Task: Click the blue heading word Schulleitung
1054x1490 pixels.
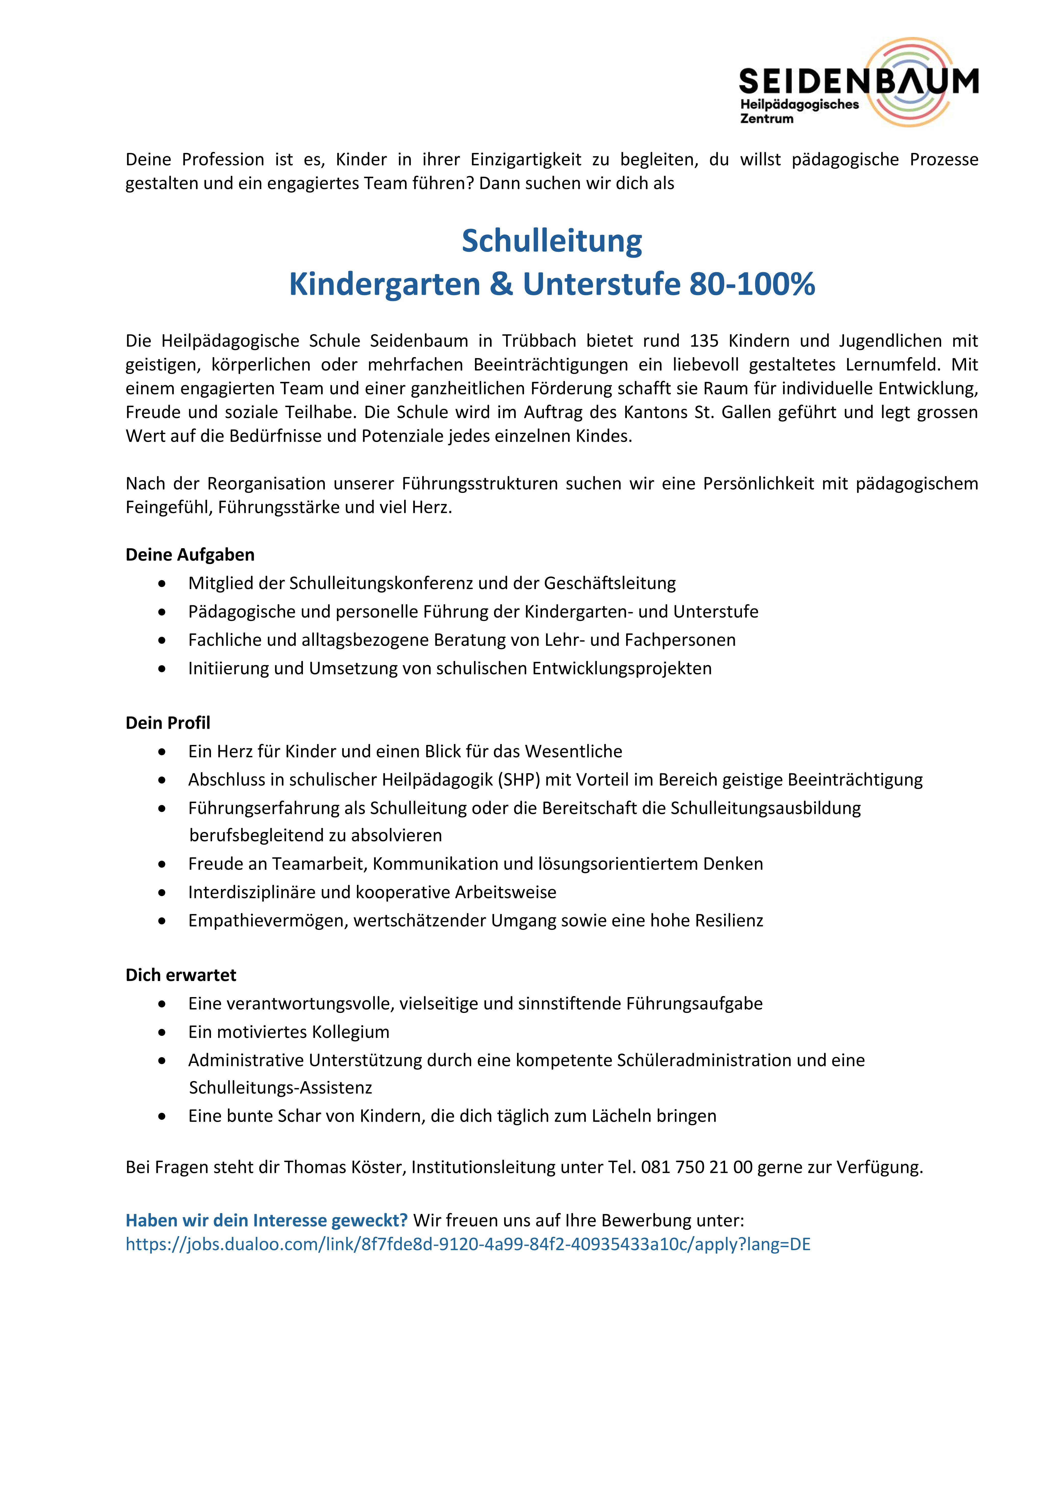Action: pyautogui.click(x=552, y=241)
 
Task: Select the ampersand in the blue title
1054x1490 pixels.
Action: pyautogui.click(x=501, y=284)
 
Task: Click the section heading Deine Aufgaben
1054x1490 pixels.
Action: pyautogui.click(x=190, y=555)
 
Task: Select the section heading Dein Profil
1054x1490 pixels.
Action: pyautogui.click(x=168, y=723)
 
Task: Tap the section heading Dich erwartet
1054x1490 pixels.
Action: pyautogui.click(x=181, y=975)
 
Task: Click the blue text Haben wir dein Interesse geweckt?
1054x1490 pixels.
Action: pyautogui.click(x=266, y=1221)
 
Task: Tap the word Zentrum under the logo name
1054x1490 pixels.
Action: pyautogui.click(x=766, y=119)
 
